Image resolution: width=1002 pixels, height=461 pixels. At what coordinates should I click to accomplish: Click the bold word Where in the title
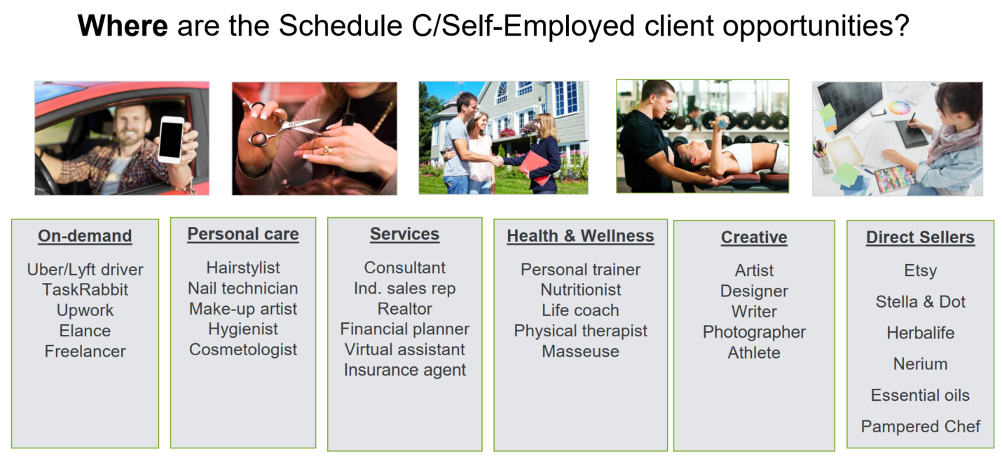123,25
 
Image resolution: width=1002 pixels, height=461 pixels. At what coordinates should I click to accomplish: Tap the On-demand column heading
85,235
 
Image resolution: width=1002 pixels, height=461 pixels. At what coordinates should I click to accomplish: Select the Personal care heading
243,234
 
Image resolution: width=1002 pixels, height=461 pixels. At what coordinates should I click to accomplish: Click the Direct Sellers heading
920,237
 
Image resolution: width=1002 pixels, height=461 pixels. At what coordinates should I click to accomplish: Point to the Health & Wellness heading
580,235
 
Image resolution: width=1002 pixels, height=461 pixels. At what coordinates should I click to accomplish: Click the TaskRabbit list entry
85,290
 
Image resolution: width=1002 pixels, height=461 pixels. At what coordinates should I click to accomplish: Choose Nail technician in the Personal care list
243,289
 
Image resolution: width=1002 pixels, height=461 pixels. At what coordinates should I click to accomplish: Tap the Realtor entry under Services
404,309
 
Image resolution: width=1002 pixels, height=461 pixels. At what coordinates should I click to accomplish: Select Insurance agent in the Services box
404,370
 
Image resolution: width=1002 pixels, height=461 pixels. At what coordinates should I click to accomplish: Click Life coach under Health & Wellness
580,310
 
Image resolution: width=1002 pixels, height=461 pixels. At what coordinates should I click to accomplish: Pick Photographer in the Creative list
754,332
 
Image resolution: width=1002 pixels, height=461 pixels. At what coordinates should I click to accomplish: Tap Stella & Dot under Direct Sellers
920,302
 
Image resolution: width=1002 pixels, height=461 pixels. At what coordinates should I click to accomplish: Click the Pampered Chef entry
920,427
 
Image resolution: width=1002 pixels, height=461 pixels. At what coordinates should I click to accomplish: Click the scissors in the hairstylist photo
280,125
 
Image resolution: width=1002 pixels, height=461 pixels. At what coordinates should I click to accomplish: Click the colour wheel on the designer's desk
899,108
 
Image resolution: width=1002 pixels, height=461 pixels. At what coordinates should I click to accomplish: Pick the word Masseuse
580,352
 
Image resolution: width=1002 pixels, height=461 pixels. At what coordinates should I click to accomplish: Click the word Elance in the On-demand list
85,331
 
